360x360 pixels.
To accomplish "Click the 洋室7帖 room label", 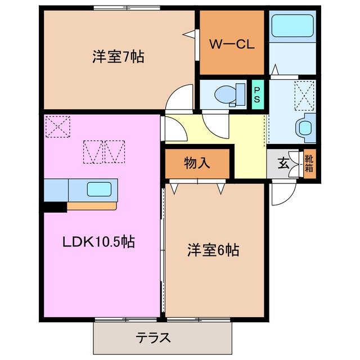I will point(118,57).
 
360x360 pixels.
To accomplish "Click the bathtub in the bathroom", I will point(292,26).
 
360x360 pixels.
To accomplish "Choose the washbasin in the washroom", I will point(307,127).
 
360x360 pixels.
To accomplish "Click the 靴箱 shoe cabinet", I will point(310,163).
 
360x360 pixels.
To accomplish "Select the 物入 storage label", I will point(197,163).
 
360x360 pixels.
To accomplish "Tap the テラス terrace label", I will point(153,338).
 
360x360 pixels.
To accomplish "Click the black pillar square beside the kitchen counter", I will point(55,206).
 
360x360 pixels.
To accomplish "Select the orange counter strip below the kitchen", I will point(92,206).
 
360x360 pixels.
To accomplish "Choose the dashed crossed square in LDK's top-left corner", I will point(57,126).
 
